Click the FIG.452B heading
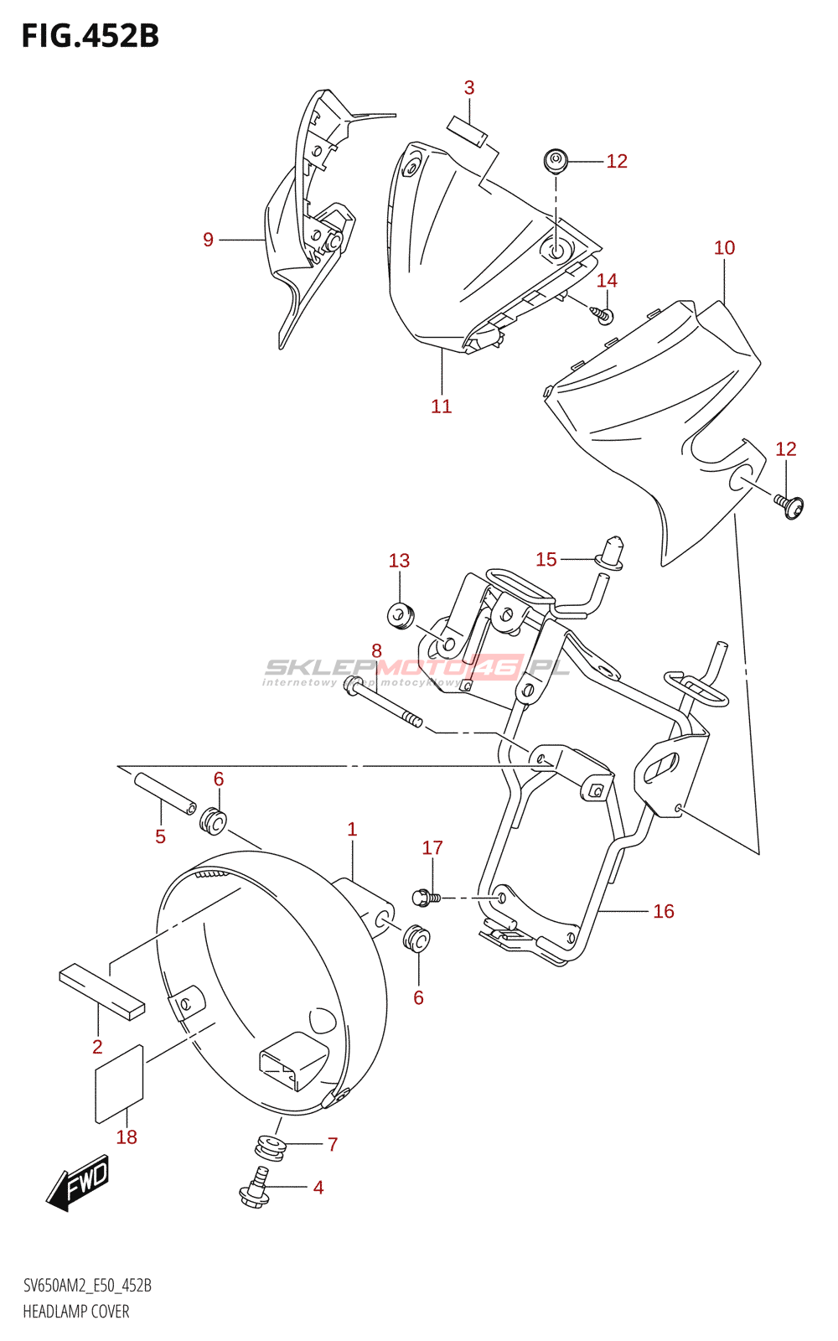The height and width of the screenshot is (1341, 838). (x=90, y=36)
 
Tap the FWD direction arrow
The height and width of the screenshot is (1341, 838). (x=78, y=1182)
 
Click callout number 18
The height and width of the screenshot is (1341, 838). (x=127, y=1137)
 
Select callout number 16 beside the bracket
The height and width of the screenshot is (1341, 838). (x=664, y=911)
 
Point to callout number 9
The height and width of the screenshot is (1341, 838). (x=209, y=240)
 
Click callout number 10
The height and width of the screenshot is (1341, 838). (x=724, y=248)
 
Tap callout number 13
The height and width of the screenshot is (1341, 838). (x=399, y=561)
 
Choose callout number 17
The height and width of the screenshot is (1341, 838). (x=432, y=848)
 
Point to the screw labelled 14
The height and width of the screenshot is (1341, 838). (x=603, y=314)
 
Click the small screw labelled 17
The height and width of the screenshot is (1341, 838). (x=426, y=898)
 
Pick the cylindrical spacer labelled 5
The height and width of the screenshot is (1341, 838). (x=165, y=793)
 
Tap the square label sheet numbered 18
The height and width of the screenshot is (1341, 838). (x=120, y=1083)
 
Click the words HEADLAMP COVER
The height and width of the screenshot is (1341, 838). (x=76, y=1312)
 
